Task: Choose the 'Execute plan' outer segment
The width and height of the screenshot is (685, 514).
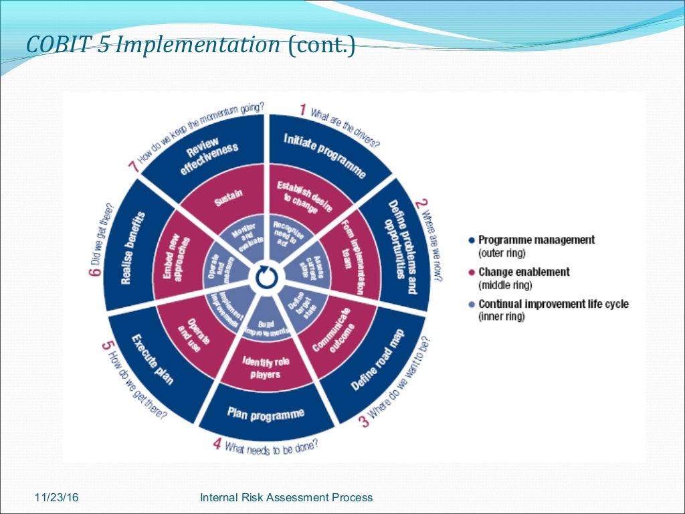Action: (153, 358)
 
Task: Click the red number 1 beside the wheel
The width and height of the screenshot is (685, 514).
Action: (302, 109)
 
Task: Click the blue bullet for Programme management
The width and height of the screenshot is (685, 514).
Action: (472, 240)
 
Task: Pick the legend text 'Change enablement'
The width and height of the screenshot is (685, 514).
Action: (524, 272)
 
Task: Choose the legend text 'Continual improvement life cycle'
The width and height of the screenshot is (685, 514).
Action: (553, 304)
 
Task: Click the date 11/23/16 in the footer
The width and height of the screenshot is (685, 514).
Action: (57, 497)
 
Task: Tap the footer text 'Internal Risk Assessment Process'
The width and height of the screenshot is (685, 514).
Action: (286, 497)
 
